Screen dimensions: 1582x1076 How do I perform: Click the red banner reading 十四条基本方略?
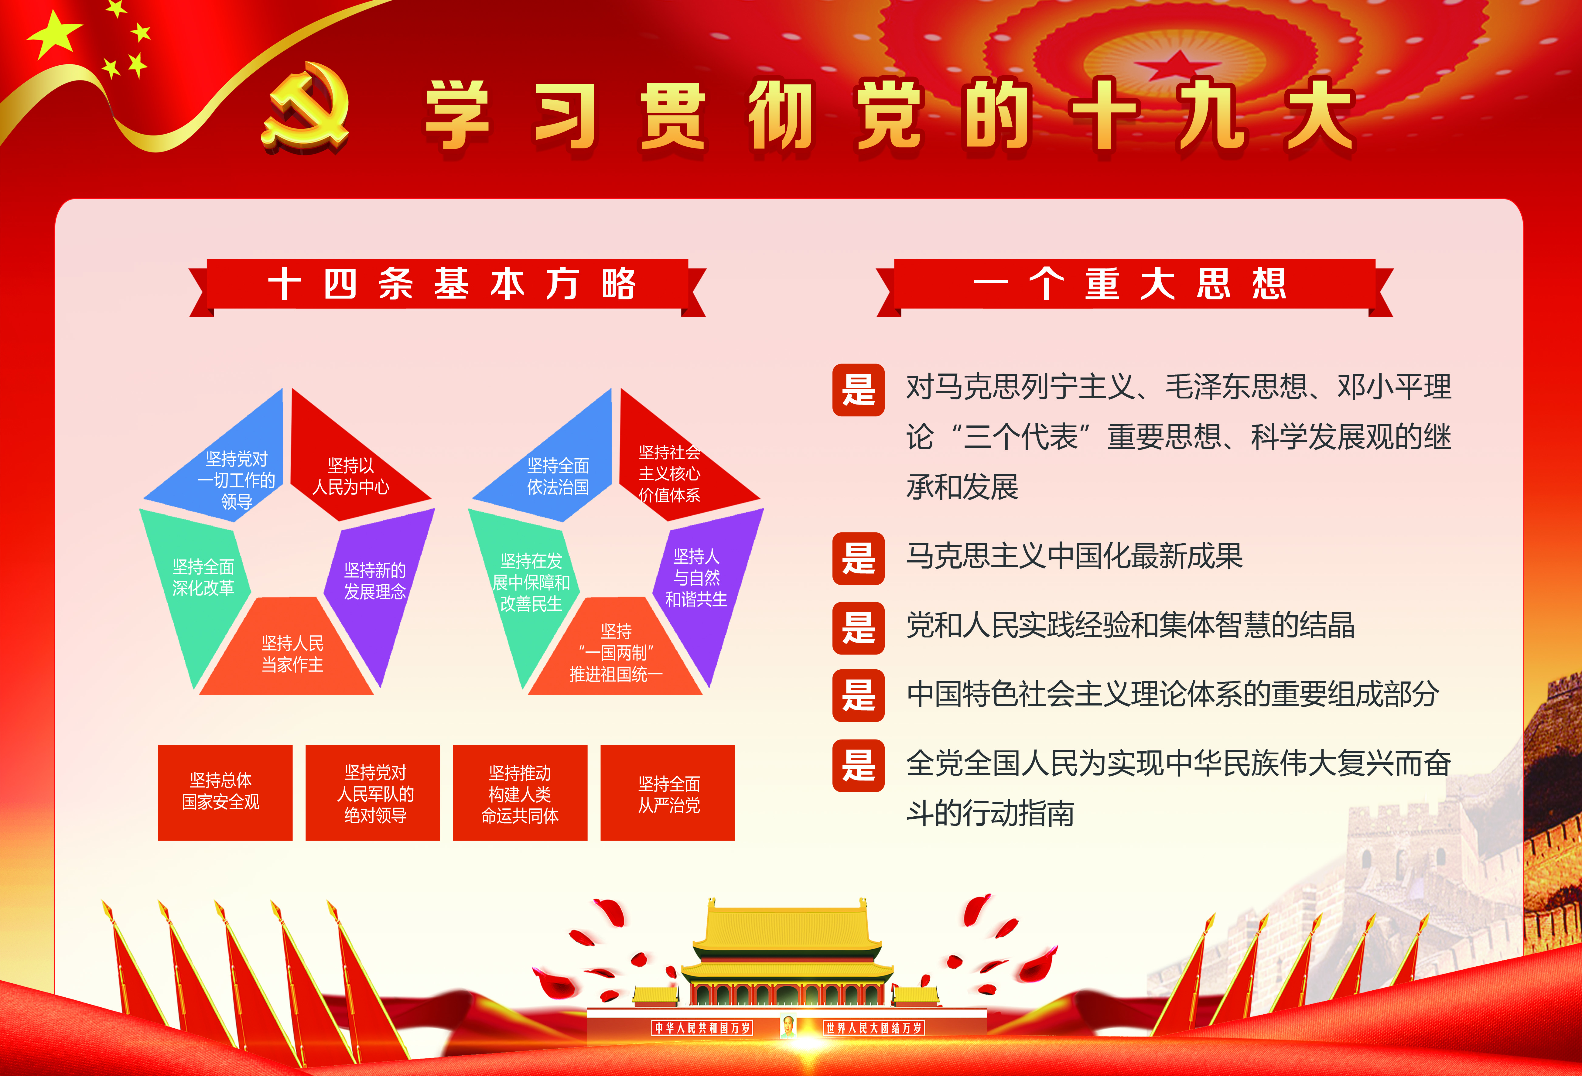point(447,286)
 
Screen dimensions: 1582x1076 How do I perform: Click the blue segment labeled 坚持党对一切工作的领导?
point(225,470)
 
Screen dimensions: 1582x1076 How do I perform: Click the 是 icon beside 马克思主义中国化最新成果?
point(858,558)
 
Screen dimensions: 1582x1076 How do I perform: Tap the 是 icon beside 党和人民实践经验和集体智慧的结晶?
point(858,627)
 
